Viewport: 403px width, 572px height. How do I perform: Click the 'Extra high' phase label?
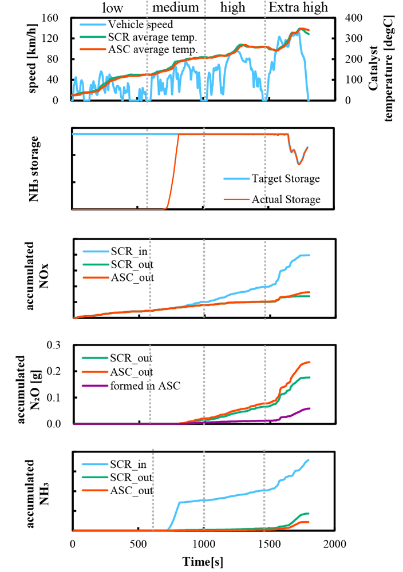click(x=299, y=7)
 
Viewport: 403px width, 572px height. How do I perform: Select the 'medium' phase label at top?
click(x=175, y=7)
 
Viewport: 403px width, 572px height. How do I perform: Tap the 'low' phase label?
click(x=112, y=7)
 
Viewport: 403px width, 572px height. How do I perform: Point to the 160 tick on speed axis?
click(x=55, y=18)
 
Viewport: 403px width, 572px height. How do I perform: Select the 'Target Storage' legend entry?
click(x=285, y=179)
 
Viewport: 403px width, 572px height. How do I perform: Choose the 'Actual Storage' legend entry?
click(x=286, y=199)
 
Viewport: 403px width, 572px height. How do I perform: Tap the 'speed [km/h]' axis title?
click(x=32, y=59)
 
